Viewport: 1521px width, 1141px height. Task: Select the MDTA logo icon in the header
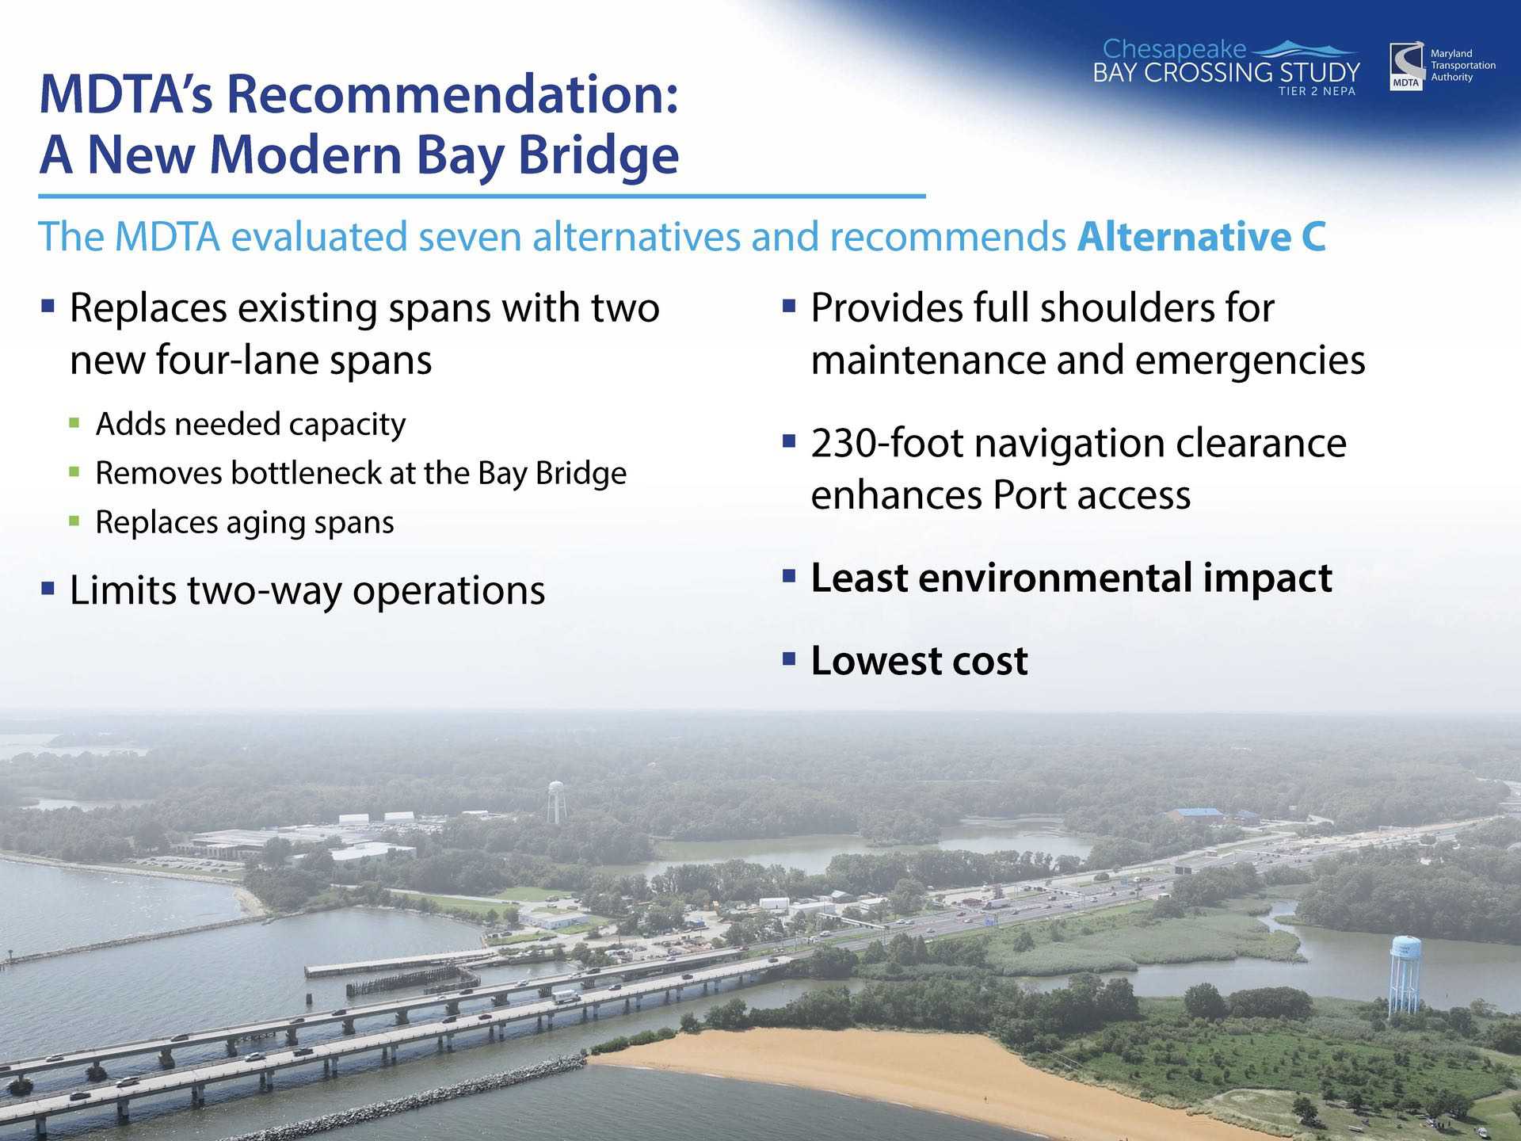pos(1406,67)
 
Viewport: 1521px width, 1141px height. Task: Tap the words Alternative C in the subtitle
pos(1201,236)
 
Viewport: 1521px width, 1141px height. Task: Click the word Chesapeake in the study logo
pos(1174,50)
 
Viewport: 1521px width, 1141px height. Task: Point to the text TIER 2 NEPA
pos(1317,91)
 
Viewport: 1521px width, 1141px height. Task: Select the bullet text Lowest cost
pos(919,661)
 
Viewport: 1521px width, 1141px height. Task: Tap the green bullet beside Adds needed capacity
pos(74,423)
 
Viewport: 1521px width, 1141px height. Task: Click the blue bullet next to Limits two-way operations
pos(48,588)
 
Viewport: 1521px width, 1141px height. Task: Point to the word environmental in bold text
pos(1056,578)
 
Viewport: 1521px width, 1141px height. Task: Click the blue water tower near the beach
pos(1405,974)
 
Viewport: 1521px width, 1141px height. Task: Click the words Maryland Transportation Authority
pos(1462,65)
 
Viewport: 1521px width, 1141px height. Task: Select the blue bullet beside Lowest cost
pos(788,658)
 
